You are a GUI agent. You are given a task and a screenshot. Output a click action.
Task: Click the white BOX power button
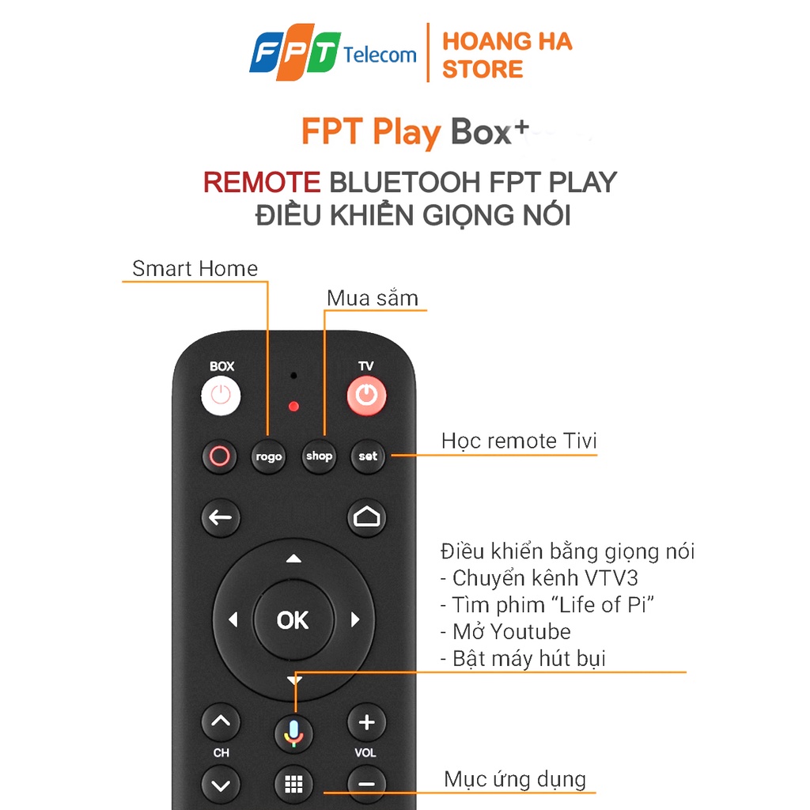[x=221, y=396]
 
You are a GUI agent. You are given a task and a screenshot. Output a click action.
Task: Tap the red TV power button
[x=366, y=396]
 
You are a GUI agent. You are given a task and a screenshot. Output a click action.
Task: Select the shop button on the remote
[x=319, y=456]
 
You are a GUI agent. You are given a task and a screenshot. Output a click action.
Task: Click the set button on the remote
[x=368, y=456]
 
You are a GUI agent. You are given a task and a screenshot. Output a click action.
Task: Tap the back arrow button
[x=221, y=517]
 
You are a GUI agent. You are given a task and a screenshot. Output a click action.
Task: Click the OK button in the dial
[x=293, y=620]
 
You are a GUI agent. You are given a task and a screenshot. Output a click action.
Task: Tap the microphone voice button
[x=293, y=733]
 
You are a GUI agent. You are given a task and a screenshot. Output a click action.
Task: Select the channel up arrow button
[x=221, y=722]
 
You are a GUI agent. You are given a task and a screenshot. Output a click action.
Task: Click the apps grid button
[x=293, y=784]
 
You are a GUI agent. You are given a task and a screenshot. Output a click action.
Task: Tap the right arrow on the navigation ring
[x=355, y=619]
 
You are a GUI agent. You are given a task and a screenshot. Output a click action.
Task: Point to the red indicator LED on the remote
[x=293, y=407]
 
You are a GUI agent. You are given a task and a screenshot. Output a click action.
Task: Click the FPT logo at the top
[x=295, y=52]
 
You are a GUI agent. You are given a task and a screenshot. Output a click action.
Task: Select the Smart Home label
[x=195, y=269]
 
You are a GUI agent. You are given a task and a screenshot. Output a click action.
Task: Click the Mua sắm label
[x=373, y=298]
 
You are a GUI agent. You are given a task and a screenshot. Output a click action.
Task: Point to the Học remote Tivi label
[x=519, y=441]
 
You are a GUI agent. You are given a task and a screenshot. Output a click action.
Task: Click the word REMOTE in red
[x=262, y=183]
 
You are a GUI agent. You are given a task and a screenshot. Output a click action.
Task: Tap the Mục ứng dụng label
[x=515, y=779]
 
